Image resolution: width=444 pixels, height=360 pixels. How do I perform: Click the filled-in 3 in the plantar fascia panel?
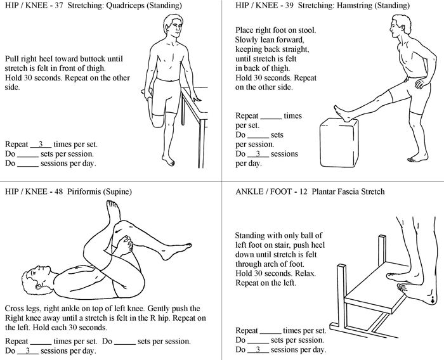[x=257, y=349]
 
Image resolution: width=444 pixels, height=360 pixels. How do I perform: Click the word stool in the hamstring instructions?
[x=305, y=30]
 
